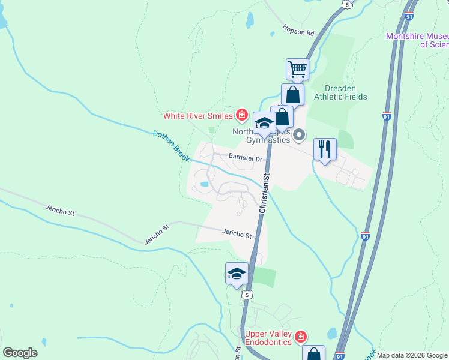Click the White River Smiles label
coord(198,115)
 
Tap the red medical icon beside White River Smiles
coord(241,115)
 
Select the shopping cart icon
coord(297,70)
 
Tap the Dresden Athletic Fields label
coord(346,92)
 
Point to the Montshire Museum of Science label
coord(418,40)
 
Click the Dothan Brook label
coord(171,147)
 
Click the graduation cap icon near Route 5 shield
coord(237,274)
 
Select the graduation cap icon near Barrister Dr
coord(264,123)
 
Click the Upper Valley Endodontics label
coord(268,338)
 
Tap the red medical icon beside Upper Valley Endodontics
coord(301,338)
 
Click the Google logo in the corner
coord(20,353)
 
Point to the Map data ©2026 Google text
coord(412,355)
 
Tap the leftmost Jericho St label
coord(59,211)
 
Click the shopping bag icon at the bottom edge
coord(313,354)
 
